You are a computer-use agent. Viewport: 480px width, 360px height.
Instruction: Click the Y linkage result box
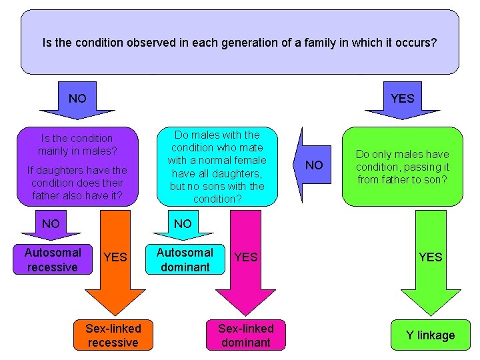click(430, 335)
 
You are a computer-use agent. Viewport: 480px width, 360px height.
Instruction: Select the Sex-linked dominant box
click(246, 335)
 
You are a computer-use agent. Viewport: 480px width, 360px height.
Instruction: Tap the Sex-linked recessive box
click(113, 335)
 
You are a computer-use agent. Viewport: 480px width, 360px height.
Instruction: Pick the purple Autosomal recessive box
click(52, 260)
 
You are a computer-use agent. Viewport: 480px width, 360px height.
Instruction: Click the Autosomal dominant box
click(185, 260)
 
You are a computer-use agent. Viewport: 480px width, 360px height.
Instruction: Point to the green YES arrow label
click(430, 257)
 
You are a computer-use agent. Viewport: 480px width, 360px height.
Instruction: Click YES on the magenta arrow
click(246, 257)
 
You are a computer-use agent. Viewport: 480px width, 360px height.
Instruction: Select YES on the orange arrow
click(115, 257)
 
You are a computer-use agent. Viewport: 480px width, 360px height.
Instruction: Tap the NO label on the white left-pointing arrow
click(314, 165)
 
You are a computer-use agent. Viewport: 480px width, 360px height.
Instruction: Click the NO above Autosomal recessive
click(51, 223)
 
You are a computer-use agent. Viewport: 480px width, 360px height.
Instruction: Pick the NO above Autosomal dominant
click(183, 223)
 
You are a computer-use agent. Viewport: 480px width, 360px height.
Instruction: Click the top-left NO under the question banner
click(77, 99)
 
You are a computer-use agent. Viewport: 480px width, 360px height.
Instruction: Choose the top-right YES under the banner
click(402, 99)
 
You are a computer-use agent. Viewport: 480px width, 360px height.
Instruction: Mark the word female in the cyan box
click(251, 160)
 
